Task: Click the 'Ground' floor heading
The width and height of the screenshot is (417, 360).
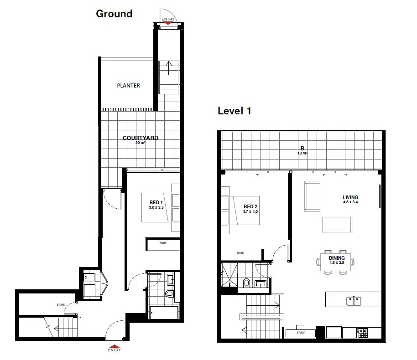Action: pyautogui.click(x=114, y=14)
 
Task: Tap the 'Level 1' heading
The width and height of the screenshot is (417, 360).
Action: pyautogui.click(x=234, y=111)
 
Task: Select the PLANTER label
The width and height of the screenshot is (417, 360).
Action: pyautogui.click(x=128, y=86)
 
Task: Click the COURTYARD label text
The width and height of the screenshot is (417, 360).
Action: pyautogui.click(x=140, y=138)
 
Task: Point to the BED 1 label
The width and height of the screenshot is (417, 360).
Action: pyautogui.click(x=156, y=202)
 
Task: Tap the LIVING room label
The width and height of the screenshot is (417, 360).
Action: pyautogui.click(x=350, y=198)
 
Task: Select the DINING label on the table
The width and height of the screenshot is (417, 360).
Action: pyautogui.click(x=337, y=258)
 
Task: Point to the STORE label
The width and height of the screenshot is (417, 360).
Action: pyautogui.click(x=60, y=304)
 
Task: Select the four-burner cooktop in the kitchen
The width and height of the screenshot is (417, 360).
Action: pyautogui.click(x=363, y=333)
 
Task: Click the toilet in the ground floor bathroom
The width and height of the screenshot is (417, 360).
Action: pyautogui.click(x=170, y=294)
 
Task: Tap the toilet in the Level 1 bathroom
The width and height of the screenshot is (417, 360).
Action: pyautogui.click(x=246, y=283)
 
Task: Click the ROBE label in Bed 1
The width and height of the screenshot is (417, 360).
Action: pyautogui.click(x=162, y=243)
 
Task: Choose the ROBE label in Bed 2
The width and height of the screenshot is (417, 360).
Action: pyautogui.click(x=240, y=252)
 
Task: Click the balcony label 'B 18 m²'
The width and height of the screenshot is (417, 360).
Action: pyautogui.click(x=302, y=150)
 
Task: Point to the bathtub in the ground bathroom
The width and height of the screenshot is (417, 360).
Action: pyautogui.click(x=164, y=313)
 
